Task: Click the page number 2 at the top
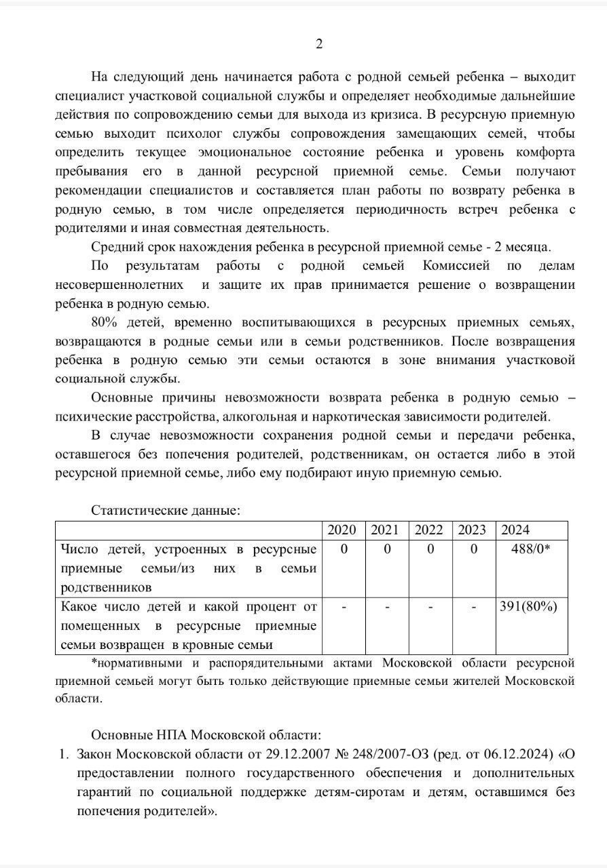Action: (319, 45)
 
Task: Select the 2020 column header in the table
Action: (342, 530)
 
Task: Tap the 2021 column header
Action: (384, 530)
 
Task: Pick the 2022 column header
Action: (428, 530)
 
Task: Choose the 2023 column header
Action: (471, 530)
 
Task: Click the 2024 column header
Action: (515, 530)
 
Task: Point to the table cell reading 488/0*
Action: (530, 549)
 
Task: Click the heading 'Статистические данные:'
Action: (166, 510)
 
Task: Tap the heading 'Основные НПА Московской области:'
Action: (204, 735)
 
